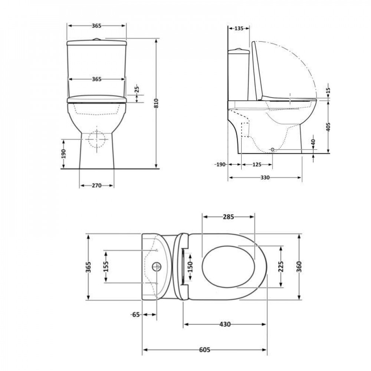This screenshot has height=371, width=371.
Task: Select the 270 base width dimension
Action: coord(96,185)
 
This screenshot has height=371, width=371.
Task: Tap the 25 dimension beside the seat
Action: coord(137,89)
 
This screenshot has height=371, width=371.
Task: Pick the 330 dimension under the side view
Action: coord(265,178)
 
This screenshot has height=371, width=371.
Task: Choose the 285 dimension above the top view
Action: coord(228,217)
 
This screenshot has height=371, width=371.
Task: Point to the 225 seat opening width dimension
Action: coord(280,266)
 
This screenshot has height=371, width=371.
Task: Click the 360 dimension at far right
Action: coord(299,266)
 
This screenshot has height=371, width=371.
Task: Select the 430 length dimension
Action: coord(225,324)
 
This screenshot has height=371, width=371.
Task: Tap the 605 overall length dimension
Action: coord(205,350)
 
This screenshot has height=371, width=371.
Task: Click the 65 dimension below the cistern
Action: coord(136,315)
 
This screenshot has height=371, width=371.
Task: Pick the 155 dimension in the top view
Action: coord(106,266)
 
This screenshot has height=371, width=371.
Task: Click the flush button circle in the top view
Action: coord(157,266)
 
